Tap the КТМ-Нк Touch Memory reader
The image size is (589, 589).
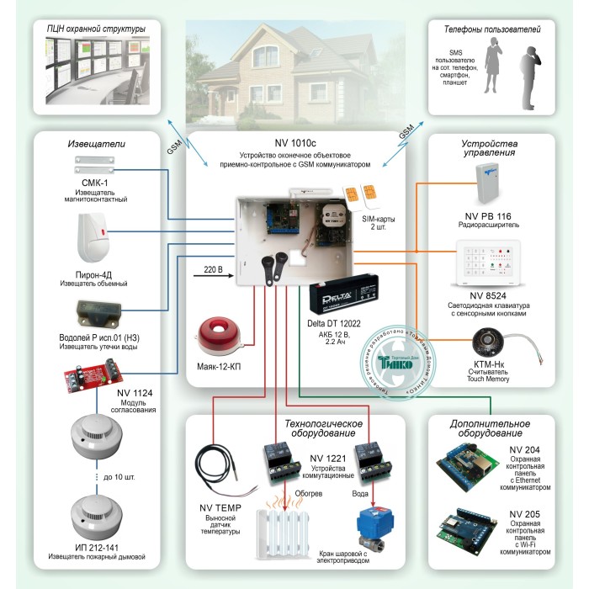(x=486, y=343)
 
